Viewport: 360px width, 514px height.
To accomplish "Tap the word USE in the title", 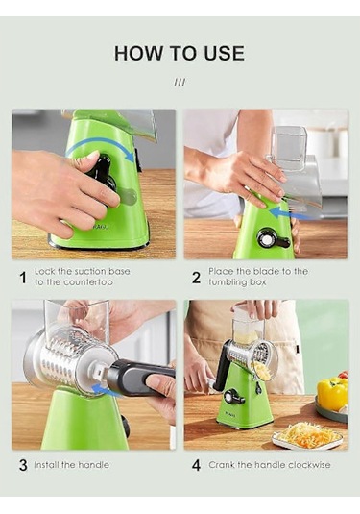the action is (224, 54).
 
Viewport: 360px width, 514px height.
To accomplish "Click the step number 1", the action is (23, 278).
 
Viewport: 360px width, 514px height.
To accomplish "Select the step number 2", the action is (196, 278).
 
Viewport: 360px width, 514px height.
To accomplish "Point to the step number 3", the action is (23, 465).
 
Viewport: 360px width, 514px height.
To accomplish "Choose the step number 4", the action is (196, 465).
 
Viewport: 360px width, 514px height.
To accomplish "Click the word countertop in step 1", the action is (87, 282).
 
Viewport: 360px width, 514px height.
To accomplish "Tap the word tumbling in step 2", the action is (226, 282).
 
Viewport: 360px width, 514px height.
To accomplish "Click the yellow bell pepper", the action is (332, 393).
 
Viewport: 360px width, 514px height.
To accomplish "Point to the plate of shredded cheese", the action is (308, 435).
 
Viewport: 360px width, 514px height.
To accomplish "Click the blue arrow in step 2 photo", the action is (288, 214).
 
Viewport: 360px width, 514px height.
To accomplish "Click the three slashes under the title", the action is (180, 82).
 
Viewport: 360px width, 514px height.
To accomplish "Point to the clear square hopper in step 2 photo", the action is (289, 149).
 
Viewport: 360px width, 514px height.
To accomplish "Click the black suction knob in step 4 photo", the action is (233, 397).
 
